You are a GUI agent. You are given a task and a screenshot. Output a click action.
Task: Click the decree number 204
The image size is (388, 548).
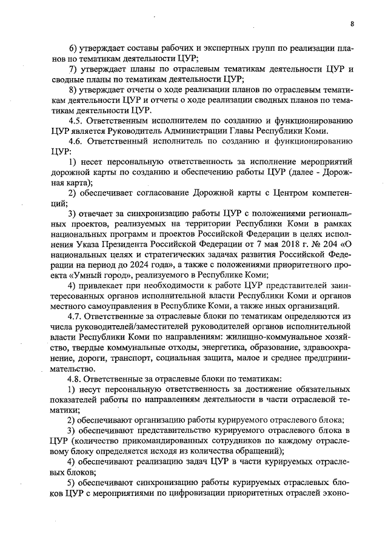327,251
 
